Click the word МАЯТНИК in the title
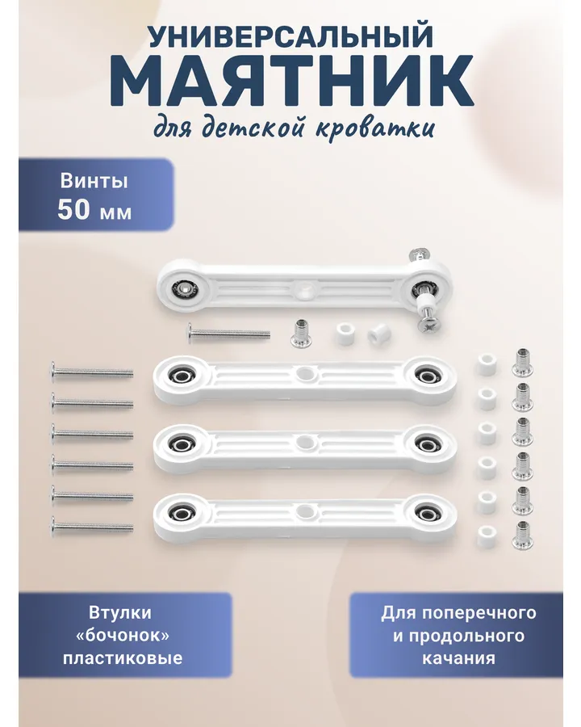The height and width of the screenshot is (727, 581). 291,81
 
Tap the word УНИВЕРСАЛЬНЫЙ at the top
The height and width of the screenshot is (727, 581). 291,36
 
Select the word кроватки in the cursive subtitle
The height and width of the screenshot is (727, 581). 375,127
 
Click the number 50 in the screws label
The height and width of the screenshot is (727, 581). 73,209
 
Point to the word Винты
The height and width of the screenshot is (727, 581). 94,181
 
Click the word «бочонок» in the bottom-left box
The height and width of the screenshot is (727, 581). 123,635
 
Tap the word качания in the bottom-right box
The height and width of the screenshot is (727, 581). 458,658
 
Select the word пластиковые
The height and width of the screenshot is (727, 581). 123,658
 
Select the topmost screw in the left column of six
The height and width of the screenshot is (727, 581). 93,372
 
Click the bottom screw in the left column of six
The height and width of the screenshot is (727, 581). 93,527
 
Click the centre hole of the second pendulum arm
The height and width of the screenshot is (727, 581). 304,440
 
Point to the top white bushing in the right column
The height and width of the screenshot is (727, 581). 487,364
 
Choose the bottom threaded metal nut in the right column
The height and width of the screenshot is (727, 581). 522,535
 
